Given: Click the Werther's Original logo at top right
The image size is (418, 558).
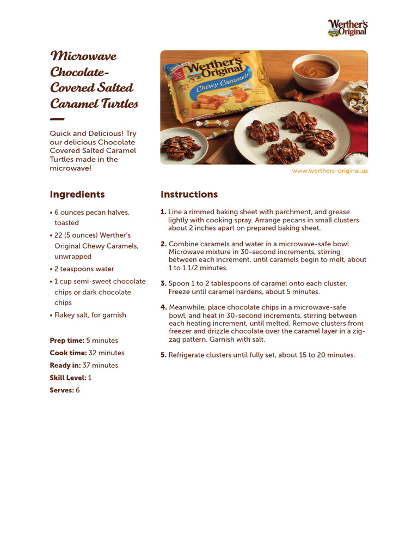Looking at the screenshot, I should (347, 28).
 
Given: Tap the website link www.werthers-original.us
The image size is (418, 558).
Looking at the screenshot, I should (330, 171).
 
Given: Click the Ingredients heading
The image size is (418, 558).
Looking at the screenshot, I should (77, 195).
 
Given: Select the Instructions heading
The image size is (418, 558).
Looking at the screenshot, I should (189, 195).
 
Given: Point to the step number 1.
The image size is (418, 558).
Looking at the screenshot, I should (163, 212).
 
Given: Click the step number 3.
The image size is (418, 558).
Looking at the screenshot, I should (163, 283).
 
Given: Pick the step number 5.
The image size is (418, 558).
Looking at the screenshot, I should (163, 355).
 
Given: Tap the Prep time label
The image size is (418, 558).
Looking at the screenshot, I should (67, 341).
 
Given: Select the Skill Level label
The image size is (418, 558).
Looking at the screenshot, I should (67, 378).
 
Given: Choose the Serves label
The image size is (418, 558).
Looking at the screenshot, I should (62, 391).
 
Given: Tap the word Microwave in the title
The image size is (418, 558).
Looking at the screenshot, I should (83, 56).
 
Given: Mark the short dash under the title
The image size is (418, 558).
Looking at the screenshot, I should (57, 119).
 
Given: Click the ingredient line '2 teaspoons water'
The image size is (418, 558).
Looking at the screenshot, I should (84, 269).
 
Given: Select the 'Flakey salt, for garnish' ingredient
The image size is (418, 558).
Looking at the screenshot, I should (90, 315).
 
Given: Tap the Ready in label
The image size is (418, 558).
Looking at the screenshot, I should (65, 366).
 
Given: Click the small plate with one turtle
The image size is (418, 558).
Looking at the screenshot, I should (182, 146).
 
